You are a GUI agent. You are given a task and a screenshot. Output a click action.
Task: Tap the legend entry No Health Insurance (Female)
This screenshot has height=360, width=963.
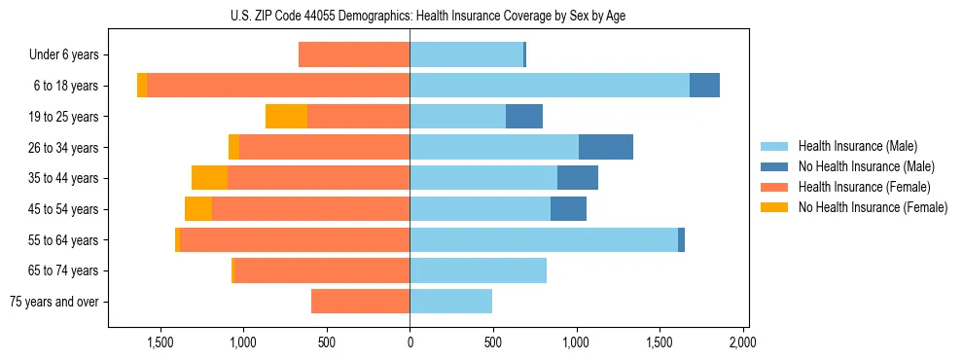pos(873,207)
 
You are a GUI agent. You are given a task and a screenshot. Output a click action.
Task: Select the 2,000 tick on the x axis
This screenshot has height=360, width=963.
pos(743,342)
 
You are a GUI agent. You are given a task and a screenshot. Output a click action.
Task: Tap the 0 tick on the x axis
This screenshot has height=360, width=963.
pos(410,342)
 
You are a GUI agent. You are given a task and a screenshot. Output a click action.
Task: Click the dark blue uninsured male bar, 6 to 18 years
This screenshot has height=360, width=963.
pos(704,86)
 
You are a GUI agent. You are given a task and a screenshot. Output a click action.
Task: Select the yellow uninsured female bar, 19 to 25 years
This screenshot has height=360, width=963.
pos(286,117)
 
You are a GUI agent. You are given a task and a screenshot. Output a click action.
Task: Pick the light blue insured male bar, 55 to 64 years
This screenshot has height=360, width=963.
pos(544,239)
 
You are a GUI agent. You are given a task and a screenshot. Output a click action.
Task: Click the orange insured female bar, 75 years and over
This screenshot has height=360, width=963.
pos(360,302)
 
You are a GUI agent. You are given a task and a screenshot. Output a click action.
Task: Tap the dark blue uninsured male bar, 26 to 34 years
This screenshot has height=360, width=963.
pos(606,147)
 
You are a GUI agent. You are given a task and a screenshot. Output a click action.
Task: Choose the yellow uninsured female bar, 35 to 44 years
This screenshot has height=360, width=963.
pos(209,178)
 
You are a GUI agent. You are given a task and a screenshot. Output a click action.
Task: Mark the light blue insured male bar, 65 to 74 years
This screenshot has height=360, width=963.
pos(478,270)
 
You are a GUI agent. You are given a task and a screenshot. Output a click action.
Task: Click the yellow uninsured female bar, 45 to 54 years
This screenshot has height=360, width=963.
pos(198,209)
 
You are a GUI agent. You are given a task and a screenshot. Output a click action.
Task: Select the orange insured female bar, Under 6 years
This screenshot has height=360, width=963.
pos(354,55)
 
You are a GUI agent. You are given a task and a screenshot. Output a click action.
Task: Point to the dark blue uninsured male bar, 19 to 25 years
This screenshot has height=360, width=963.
pos(524,117)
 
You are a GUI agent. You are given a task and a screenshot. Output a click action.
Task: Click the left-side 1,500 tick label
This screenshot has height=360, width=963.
pos(160,342)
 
